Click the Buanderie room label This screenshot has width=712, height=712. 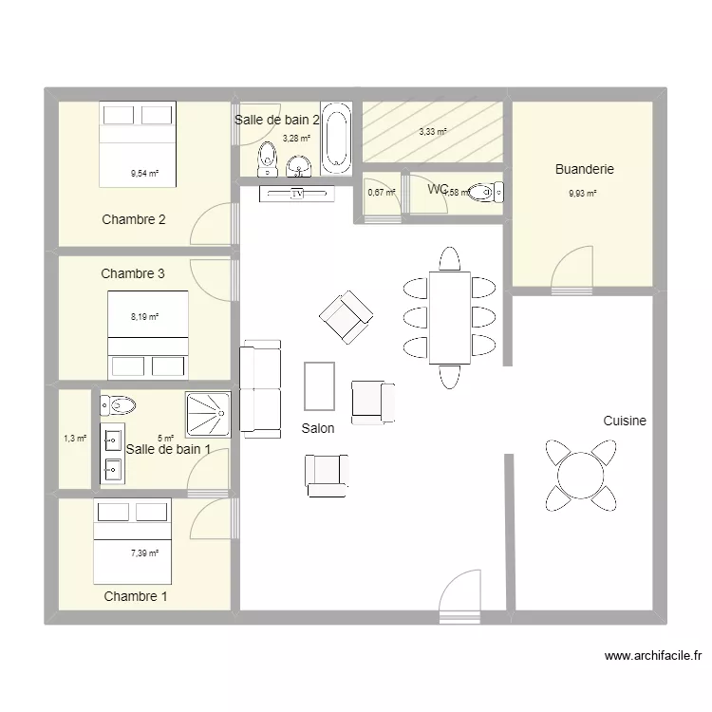coord(584,170)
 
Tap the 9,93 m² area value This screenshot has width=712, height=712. coord(582,194)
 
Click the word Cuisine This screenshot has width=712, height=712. coord(624,421)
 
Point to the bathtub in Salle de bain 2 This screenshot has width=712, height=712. coord(336,140)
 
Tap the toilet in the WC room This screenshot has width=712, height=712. coord(486,193)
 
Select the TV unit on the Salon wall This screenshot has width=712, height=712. coord(297,194)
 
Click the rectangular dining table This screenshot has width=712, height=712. coord(449,317)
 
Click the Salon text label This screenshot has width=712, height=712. coord(318,428)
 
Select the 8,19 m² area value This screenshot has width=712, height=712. coord(144,317)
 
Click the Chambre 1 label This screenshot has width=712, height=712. coord(136,596)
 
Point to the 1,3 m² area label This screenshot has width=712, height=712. coord(74,439)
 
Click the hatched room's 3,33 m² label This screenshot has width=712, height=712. coord(433,133)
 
